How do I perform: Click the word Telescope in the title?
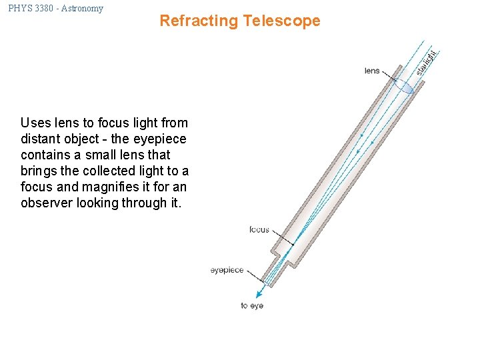click(x=281, y=21)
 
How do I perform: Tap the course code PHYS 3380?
click(x=31, y=9)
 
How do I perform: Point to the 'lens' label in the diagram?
click(x=372, y=71)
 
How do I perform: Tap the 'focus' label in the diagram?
click(x=259, y=230)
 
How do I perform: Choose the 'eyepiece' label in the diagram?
click(x=227, y=271)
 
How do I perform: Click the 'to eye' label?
click(x=252, y=306)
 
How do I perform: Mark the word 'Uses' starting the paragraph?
click(x=35, y=123)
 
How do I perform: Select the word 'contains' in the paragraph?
click(x=45, y=155)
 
